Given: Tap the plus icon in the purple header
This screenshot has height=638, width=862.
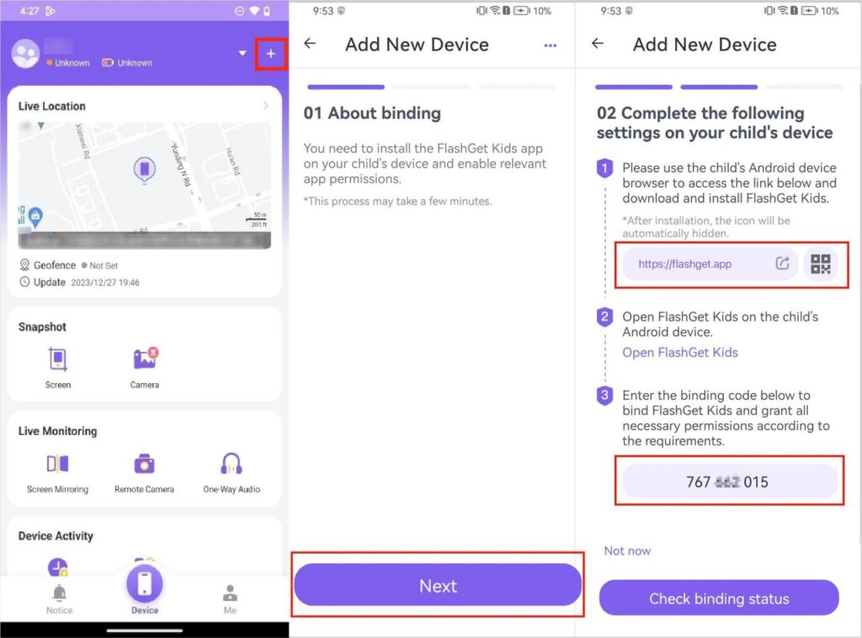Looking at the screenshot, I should tap(271, 54).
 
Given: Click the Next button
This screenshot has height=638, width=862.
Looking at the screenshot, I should tap(438, 586).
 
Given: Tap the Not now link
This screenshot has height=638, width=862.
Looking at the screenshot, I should tap(627, 550).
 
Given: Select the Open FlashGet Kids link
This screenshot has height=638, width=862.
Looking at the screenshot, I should tap(679, 353).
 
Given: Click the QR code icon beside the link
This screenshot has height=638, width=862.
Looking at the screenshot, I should tap(820, 263).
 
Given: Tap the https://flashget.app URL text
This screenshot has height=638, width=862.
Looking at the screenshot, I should tap(684, 263).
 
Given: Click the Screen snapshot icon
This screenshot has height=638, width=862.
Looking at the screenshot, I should tap(58, 360).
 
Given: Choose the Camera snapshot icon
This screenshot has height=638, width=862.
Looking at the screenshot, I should tap(145, 360).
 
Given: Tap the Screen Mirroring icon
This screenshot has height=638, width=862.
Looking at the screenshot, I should tap(58, 464).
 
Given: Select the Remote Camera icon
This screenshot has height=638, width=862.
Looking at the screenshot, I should tap(145, 464).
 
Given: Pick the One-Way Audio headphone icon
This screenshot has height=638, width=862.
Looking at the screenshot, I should tap(231, 464).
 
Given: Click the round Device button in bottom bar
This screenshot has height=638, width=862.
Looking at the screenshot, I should tap(145, 585).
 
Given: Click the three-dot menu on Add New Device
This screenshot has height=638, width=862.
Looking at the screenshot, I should tap(551, 45).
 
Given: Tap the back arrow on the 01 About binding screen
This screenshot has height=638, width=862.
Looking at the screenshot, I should tap(311, 44).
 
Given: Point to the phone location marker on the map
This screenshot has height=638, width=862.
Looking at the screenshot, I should tap(145, 170).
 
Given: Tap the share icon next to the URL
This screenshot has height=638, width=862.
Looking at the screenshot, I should tap(782, 263).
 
